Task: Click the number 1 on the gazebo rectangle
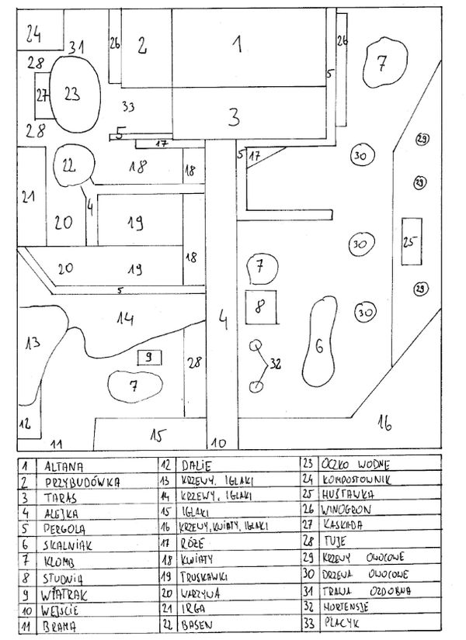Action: (x=240, y=44)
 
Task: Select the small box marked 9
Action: (x=148, y=358)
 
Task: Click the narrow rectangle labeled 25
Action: (x=409, y=241)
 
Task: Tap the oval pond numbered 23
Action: (x=72, y=95)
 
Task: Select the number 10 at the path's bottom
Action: (x=220, y=443)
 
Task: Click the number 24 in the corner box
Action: (x=32, y=33)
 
